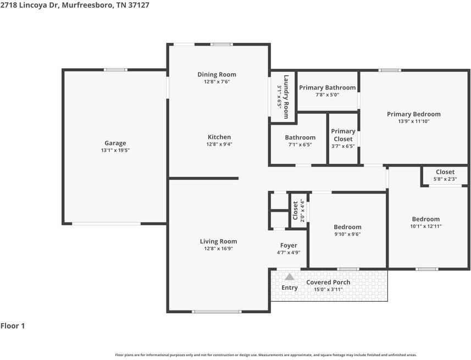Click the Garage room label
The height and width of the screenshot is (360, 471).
(x=115, y=143)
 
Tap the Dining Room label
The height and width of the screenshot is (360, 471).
(x=217, y=75)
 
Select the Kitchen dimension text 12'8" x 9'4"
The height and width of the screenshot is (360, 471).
(x=219, y=145)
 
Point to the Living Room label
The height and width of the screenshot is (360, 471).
(x=218, y=241)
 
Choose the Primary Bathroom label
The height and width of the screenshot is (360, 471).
(x=327, y=87)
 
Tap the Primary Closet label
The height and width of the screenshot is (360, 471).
(x=343, y=135)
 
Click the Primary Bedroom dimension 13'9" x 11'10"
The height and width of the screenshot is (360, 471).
(x=413, y=121)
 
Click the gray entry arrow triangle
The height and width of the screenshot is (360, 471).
(x=289, y=276)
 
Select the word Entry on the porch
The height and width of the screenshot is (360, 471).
(x=290, y=287)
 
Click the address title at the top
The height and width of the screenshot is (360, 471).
(x=74, y=5)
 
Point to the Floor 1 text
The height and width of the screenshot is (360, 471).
(x=13, y=326)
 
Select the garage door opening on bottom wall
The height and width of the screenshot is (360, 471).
(x=106, y=223)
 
